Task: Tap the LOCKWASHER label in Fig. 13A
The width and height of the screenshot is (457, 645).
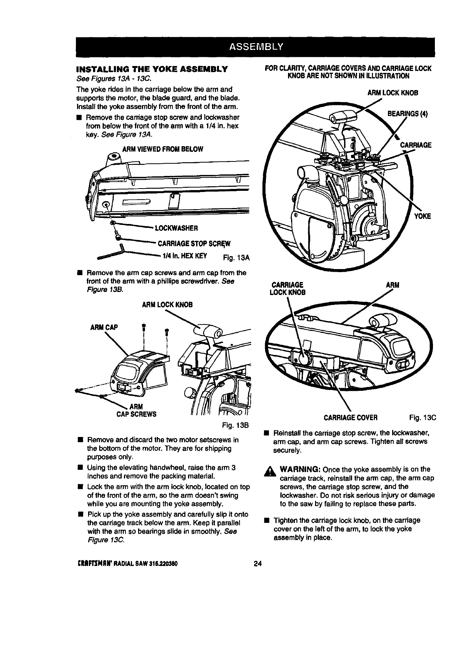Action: click(175, 228)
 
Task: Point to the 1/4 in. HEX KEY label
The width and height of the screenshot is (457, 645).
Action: click(185, 256)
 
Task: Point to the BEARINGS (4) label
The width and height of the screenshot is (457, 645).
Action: click(407, 114)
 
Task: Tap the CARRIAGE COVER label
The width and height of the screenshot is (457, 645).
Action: click(351, 418)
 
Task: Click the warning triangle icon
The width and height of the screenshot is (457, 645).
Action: click(272, 472)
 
